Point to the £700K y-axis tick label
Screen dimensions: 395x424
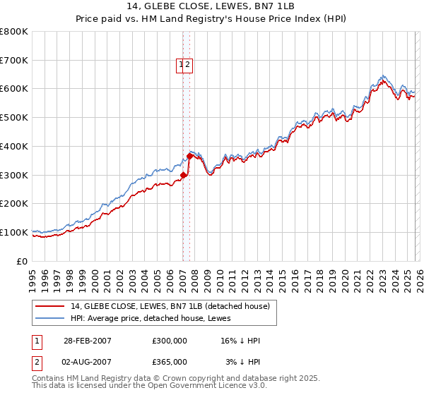click(14, 61)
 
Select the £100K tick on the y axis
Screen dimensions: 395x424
click(14, 232)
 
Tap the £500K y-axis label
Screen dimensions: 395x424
click(14, 118)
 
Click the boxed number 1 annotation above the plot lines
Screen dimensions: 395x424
click(181, 65)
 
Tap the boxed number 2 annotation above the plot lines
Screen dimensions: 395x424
click(189, 65)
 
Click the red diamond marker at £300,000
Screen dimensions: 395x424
click(184, 175)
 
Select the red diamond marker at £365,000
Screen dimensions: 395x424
click(189, 157)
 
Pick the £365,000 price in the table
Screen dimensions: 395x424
click(170, 361)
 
